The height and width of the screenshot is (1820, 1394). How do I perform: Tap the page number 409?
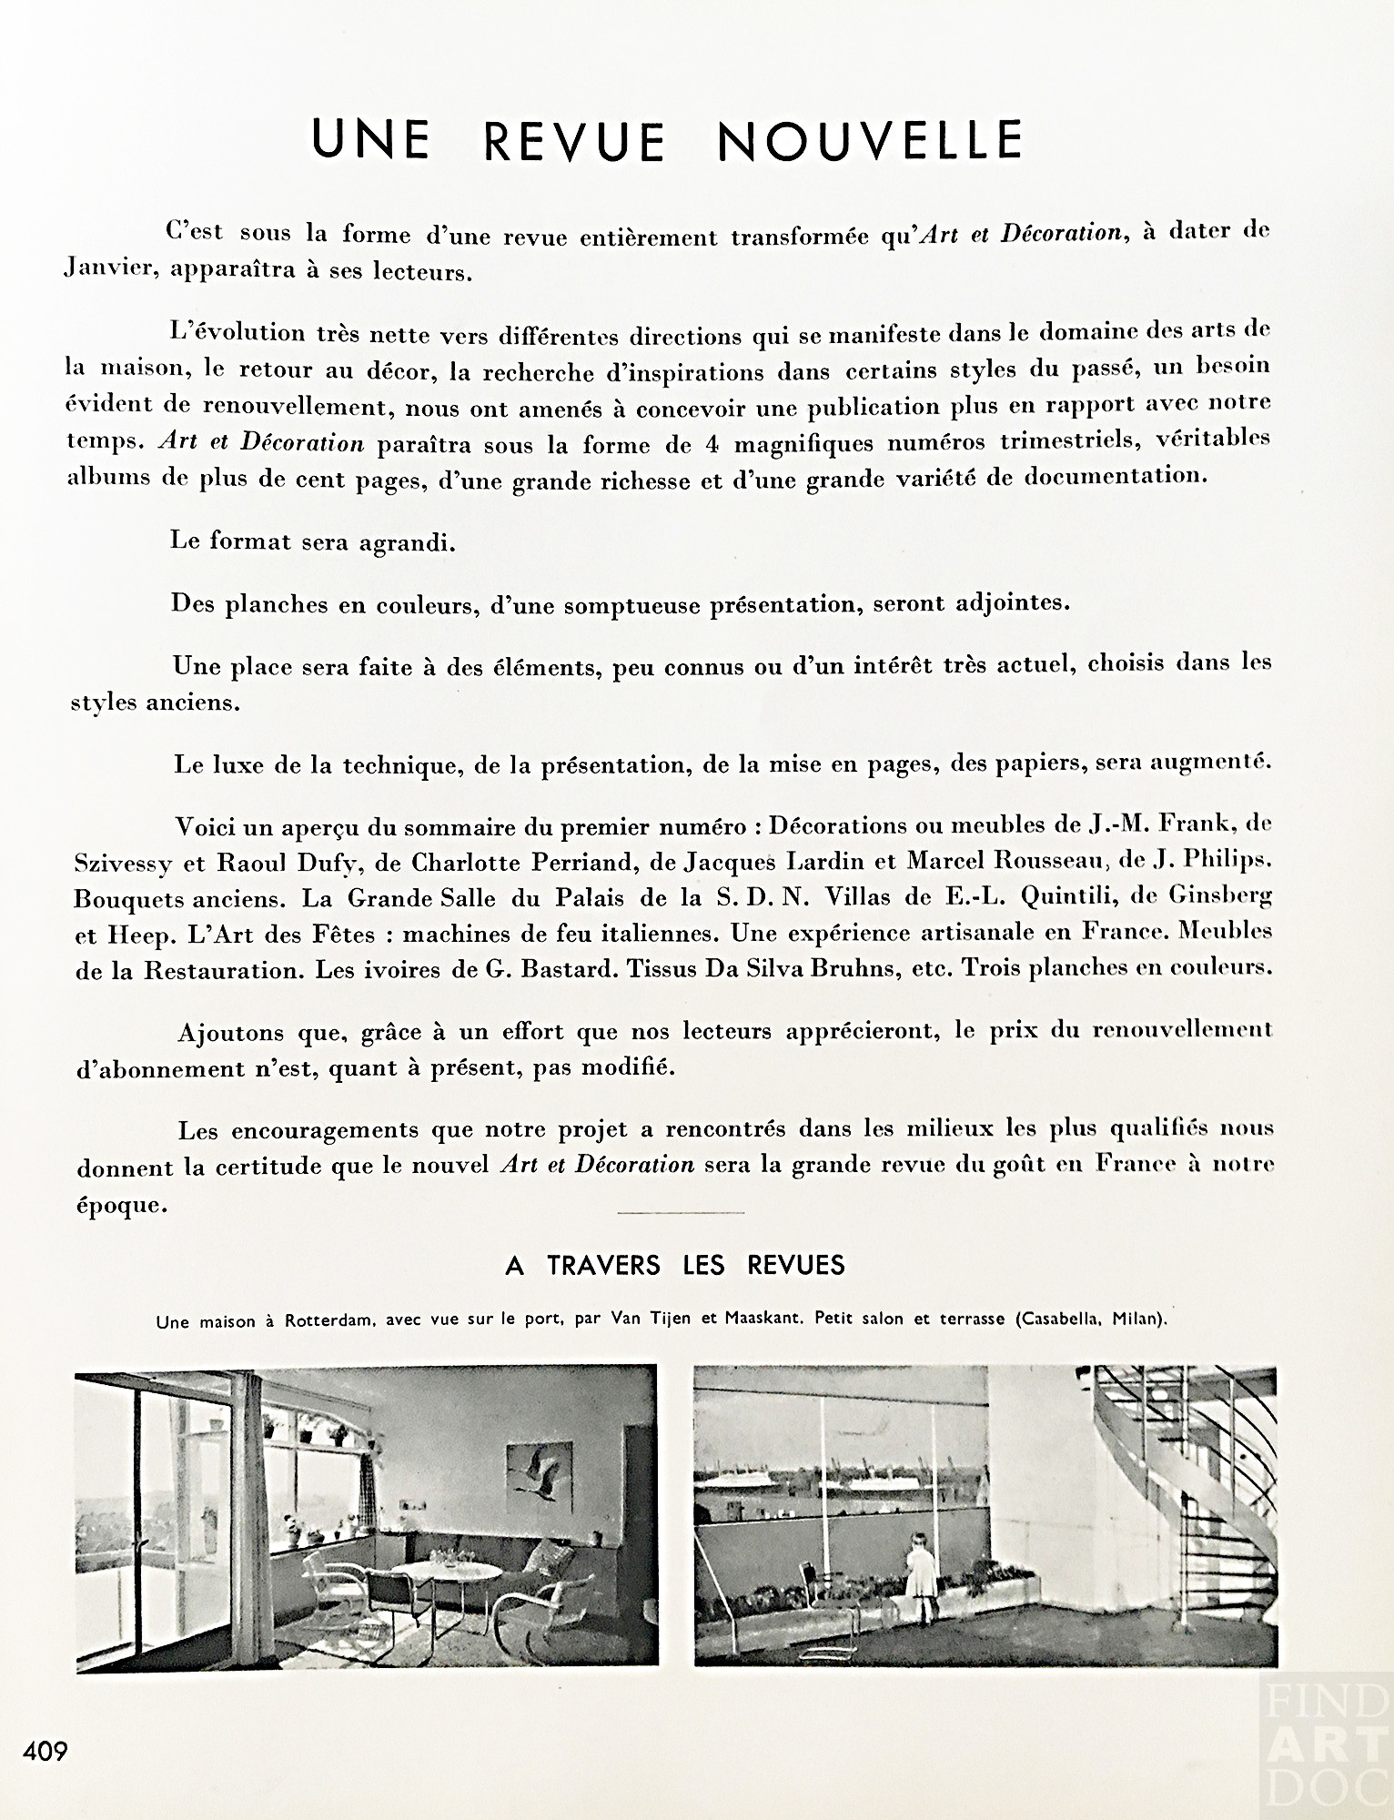click(45, 1749)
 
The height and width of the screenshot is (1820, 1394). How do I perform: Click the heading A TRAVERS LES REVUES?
click(675, 1265)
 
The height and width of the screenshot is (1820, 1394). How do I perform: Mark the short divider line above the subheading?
click(680, 1213)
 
